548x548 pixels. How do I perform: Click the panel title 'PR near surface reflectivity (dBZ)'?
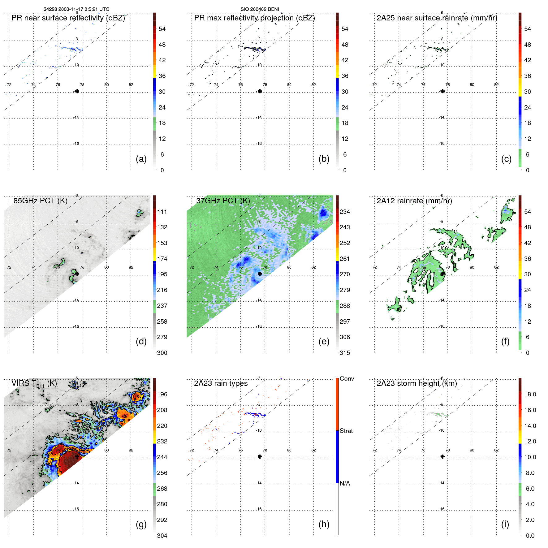68,18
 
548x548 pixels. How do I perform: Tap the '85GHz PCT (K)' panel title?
40,201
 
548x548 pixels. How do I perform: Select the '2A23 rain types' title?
221,383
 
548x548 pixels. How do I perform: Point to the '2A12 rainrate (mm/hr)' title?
414,201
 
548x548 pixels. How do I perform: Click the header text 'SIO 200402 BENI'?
260,9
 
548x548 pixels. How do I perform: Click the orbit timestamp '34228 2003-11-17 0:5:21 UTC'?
76,9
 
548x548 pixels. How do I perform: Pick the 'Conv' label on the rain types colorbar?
347,378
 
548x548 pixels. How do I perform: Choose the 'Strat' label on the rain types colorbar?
346,431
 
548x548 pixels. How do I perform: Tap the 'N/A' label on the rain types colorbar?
345,483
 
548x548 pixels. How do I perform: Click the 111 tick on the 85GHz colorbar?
162,212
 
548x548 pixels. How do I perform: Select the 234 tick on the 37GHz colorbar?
345,212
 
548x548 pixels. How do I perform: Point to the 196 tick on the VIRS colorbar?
162,394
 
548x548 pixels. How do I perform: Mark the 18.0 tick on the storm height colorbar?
530,394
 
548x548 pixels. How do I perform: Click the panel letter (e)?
324,341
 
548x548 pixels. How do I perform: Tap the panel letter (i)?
505,524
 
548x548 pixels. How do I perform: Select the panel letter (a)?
141,159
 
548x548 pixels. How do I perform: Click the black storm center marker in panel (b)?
260,91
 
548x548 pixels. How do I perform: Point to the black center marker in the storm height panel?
442,456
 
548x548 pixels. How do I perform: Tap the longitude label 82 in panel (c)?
496,84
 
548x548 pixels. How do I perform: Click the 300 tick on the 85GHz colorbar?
162,353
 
